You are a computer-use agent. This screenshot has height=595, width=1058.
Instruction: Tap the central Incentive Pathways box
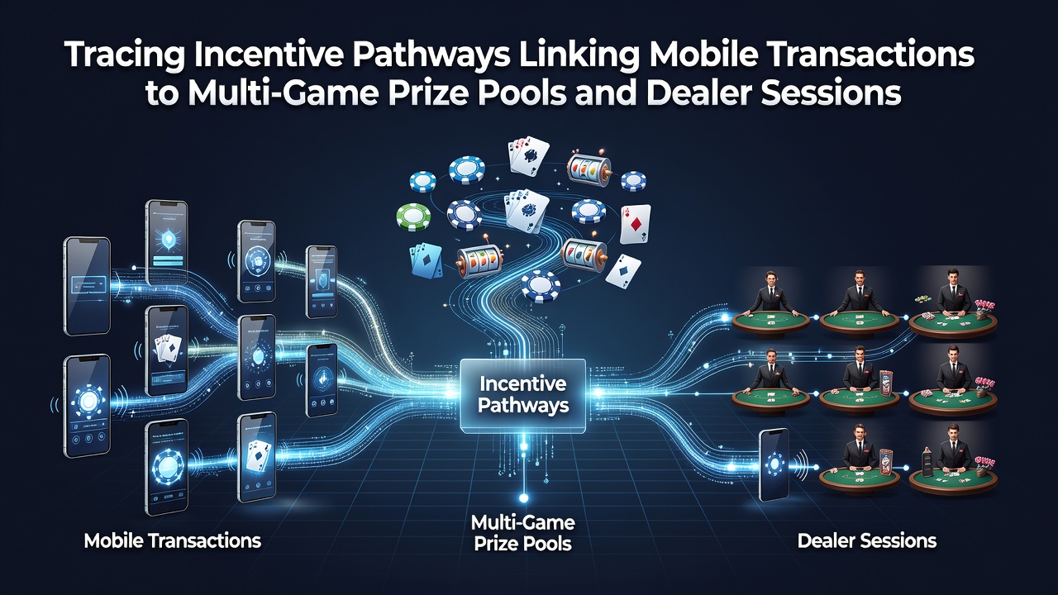coord(523,396)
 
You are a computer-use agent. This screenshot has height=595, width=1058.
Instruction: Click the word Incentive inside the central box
coord(523,383)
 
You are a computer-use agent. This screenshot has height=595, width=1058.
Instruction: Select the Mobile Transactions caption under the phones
coord(173,540)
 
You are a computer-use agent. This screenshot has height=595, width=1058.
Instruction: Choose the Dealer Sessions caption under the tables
coord(867,540)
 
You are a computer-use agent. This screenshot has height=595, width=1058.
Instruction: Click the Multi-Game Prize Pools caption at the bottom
coord(523,533)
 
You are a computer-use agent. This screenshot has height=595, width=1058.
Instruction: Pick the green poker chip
coord(413,217)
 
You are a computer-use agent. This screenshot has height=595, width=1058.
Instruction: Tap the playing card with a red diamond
coord(635,224)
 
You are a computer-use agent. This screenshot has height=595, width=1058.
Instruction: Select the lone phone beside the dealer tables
coord(774,465)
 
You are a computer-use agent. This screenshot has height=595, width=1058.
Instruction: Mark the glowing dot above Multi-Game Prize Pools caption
coord(523,498)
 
